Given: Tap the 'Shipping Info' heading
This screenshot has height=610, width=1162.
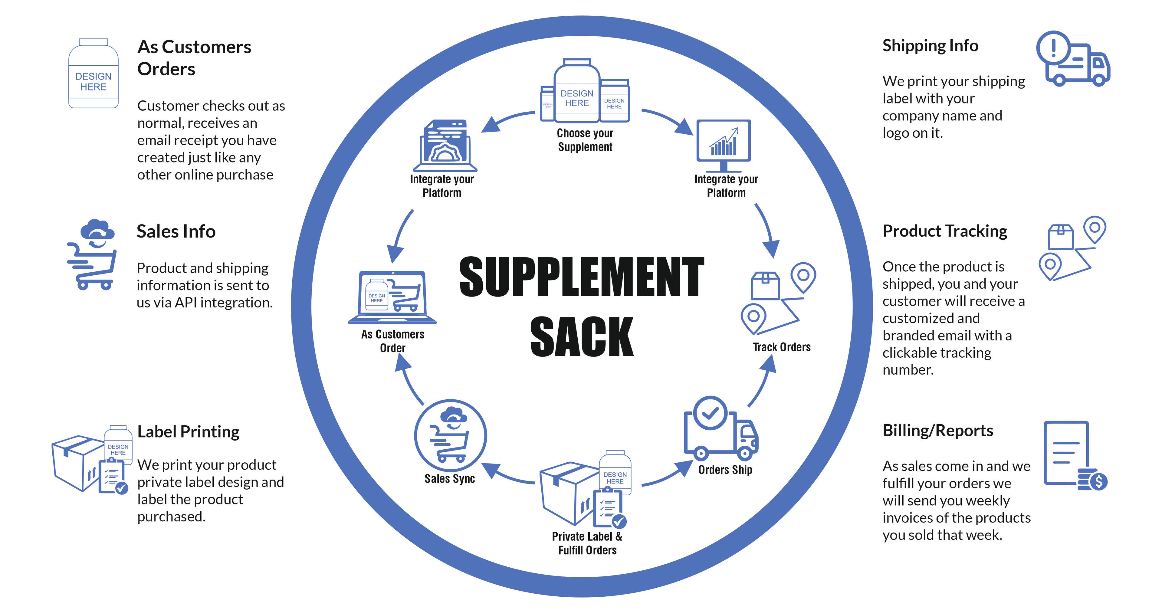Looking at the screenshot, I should [930, 46].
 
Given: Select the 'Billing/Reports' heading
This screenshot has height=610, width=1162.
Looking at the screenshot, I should [937, 431].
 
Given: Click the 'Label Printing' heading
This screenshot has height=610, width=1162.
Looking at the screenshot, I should [188, 432].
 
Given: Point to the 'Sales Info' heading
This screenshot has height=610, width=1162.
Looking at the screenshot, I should [176, 231].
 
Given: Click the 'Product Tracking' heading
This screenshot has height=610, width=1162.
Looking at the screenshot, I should [944, 231].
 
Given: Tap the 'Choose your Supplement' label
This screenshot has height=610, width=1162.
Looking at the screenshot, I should [585, 140].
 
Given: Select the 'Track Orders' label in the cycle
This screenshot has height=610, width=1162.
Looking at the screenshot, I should [781, 347].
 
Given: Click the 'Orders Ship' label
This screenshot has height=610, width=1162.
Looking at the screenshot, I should [725, 470].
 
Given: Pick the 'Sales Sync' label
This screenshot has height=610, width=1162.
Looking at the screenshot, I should [449, 479].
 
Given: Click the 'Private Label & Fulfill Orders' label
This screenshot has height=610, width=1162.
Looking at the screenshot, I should [587, 543].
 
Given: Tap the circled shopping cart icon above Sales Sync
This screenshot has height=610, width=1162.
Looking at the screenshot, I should [450, 435].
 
